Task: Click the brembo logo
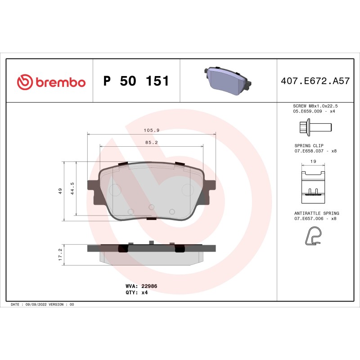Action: coord(51,82)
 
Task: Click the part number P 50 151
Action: coord(136,81)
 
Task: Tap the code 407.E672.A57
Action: coord(315,81)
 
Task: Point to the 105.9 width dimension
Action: coord(152,130)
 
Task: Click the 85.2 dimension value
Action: coord(151,142)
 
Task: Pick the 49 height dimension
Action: coord(60,191)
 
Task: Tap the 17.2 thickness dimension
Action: coord(60,255)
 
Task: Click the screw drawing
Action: coord(315,127)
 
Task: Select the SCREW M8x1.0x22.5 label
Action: coord(315,105)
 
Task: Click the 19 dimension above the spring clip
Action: coord(313,161)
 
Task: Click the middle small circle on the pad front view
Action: coord(151,207)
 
